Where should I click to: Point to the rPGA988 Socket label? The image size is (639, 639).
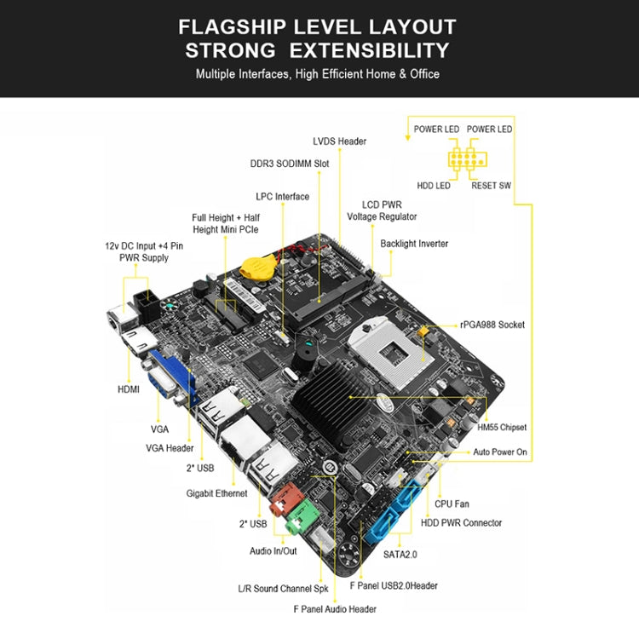tap(492, 325)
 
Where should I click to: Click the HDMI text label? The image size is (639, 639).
tap(129, 389)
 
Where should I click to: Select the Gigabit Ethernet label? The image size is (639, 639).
tap(216, 493)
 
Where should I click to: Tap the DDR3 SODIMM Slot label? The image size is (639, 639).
tap(289, 164)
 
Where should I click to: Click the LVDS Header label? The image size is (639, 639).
tap(339, 141)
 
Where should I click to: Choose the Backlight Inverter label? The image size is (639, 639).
tap(414, 244)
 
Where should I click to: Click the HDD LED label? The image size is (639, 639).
tap(433, 186)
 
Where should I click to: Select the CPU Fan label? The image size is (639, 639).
tap(452, 504)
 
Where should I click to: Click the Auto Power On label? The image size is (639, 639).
tap(500, 452)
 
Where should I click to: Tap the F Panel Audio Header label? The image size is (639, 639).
tap(335, 609)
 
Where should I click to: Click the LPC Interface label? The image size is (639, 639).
tap(282, 197)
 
